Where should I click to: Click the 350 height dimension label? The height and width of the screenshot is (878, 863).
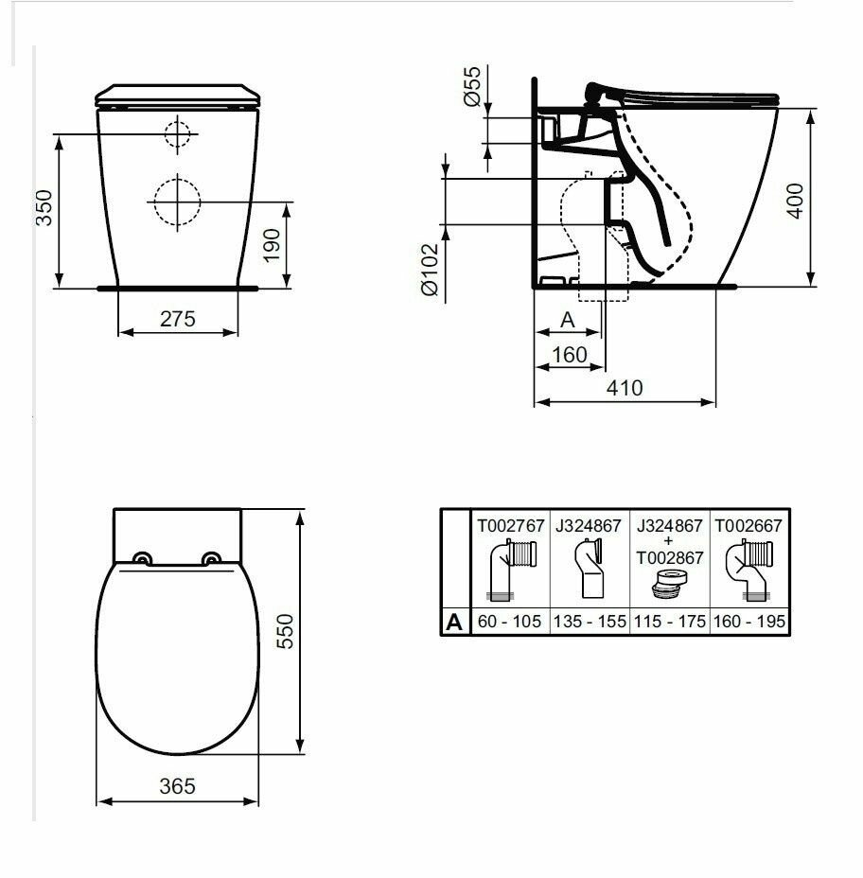tap(44, 208)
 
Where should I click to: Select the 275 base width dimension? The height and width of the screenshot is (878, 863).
tap(178, 319)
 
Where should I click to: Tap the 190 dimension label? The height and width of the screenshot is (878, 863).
tap(272, 245)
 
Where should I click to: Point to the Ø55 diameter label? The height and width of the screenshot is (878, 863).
tap(472, 86)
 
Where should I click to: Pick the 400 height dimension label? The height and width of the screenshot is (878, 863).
tap(795, 201)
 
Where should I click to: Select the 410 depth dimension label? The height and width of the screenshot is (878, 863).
tap(625, 388)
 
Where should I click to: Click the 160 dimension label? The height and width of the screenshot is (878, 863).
tap(570, 355)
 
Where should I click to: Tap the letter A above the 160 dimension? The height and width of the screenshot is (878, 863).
tap(568, 320)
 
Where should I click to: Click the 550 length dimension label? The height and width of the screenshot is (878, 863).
tap(285, 631)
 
